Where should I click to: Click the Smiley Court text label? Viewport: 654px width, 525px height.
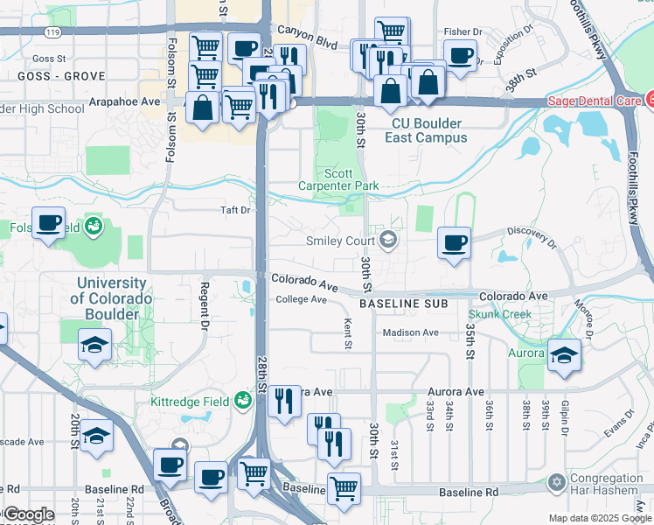point(340,241)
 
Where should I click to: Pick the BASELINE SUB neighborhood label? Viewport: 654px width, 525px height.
point(403,304)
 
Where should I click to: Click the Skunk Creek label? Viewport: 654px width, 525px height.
point(499,314)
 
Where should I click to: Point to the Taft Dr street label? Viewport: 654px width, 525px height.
point(235,210)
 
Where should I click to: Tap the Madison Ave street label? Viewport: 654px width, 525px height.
point(410,332)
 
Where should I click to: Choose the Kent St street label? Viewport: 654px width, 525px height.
point(348,332)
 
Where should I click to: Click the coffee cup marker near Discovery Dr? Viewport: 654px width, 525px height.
point(453,243)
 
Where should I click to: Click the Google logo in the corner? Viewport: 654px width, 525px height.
point(29,514)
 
